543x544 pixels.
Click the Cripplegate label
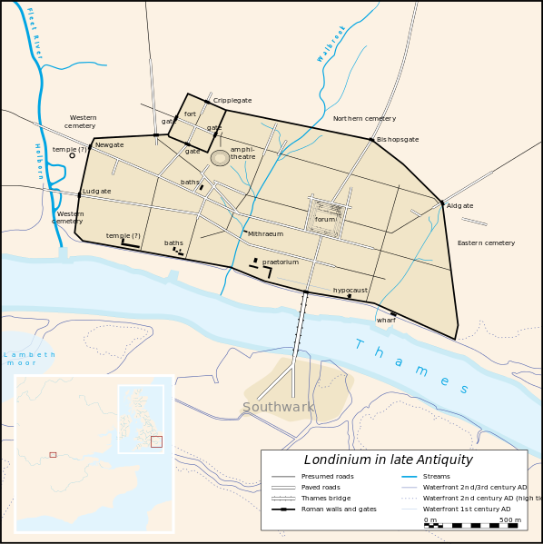click(x=232, y=101)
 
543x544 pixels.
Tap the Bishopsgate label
click(x=398, y=140)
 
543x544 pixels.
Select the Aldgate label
click(x=460, y=206)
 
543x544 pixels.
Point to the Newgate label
click(x=109, y=145)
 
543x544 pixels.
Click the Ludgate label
click(x=96, y=192)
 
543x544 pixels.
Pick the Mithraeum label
click(x=266, y=234)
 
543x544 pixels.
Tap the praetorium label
click(x=281, y=262)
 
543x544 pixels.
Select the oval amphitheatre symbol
click(x=220, y=158)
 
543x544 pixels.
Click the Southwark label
click(x=278, y=408)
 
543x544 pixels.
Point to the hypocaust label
click(x=350, y=291)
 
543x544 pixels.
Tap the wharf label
click(x=386, y=321)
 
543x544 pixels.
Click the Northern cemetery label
click(x=364, y=119)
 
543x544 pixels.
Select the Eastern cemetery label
click(x=486, y=243)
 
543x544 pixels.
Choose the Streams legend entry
click(x=436, y=476)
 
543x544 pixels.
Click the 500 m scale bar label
click(x=510, y=519)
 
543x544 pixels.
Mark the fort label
click(x=190, y=114)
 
